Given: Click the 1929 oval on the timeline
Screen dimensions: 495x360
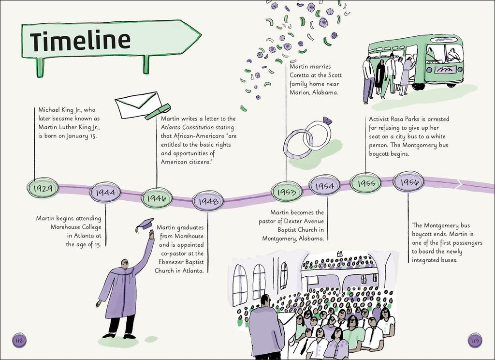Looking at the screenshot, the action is pyautogui.click(x=43, y=188).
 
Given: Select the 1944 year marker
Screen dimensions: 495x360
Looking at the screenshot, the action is pyautogui.click(x=105, y=192).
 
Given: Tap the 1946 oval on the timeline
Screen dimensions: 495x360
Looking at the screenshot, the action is pyautogui.click(x=157, y=198).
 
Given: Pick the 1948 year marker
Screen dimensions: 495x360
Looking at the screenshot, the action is pyautogui.click(x=208, y=201).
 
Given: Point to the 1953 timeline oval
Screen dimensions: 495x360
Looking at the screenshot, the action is pyautogui.click(x=287, y=192).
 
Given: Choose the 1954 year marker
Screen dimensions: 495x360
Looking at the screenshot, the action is pyautogui.click(x=324, y=185).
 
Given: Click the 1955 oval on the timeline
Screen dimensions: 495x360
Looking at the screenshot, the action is pyautogui.click(x=366, y=183).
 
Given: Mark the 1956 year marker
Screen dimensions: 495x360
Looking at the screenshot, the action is pyautogui.click(x=408, y=181).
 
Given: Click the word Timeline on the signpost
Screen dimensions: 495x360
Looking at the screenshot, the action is pyautogui.click(x=80, y=41).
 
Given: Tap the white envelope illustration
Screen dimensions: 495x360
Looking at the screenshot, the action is pyautogui.click(x=138, y=105).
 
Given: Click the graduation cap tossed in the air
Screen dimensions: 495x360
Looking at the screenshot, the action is pyautogui.click(x=145, y=224).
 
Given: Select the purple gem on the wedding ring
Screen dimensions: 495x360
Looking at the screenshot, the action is pyautogui.click(x=327, y=121).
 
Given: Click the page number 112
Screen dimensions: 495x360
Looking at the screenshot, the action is pyautogui.click(x=19, y=341).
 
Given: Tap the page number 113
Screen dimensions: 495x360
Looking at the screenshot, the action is pyautogui.click(x=475, y=341).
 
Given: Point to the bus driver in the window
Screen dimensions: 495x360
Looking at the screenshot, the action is pyautogui.click(x=453, y=55).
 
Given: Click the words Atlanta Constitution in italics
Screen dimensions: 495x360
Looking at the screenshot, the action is pyautogui.click(x=187, y=127).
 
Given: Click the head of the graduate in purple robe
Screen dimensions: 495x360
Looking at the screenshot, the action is pyautogui.click(x=125, y=264).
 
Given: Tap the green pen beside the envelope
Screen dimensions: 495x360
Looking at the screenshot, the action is pyautogui.click(x=158, y=112).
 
